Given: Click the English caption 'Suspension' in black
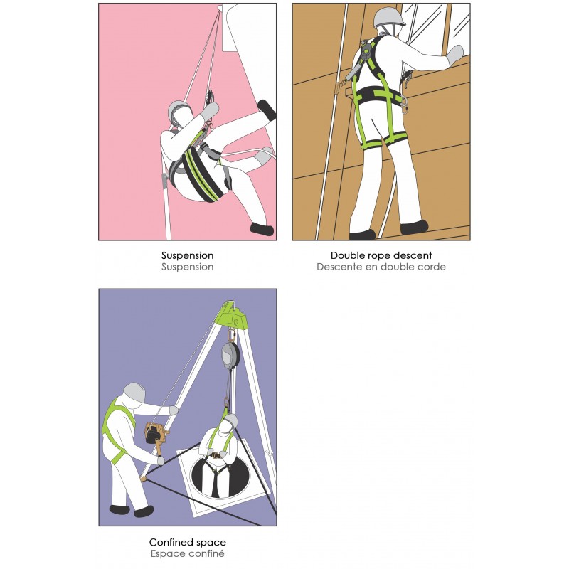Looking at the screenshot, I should (x=188, y=255).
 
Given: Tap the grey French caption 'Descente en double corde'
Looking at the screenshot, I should (x=381, y=267).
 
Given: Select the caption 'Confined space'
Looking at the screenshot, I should (x=188, y=543).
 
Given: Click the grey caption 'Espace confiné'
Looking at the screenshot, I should (x=188, y=554).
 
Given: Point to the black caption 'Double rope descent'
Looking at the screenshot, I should (x=381, y=255).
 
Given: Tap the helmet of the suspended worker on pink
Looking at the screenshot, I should (x=179, y=110).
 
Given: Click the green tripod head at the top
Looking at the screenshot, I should (x=232, y=312).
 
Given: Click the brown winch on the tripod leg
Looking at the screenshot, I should (x=154, y=435).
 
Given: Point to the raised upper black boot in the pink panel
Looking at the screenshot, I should (x=267, y=110).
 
